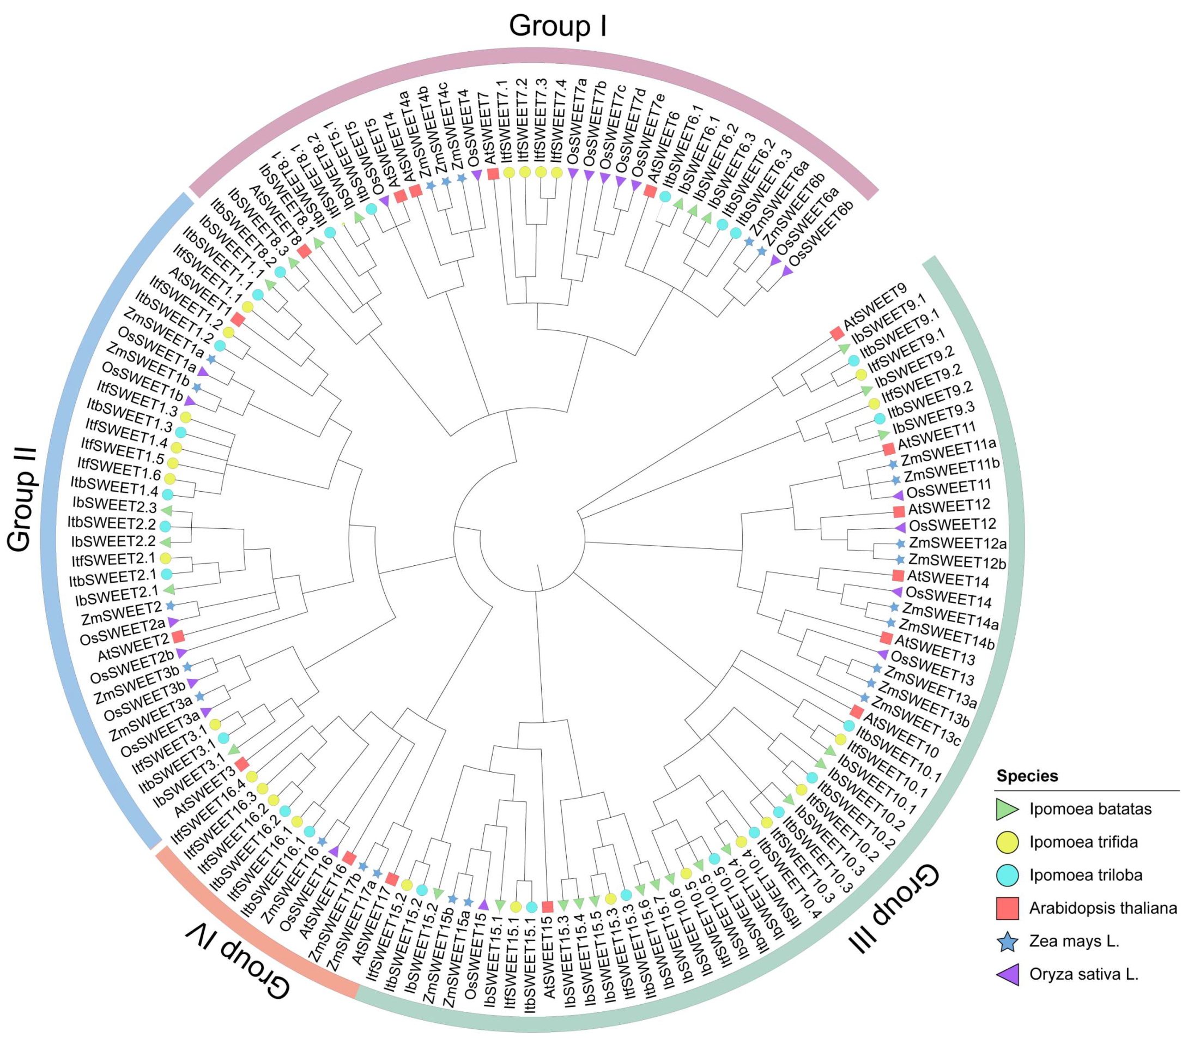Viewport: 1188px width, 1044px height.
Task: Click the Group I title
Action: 557,26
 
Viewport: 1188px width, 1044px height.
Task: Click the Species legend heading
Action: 1027,775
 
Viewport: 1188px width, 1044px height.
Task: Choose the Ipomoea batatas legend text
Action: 1090,808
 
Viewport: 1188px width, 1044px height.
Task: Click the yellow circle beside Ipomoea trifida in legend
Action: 1007,842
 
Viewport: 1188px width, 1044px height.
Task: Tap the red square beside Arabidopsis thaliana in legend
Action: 1007,908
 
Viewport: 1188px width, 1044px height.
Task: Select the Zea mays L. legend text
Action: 1074,940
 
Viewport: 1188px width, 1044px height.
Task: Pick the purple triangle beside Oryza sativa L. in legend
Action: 1008,974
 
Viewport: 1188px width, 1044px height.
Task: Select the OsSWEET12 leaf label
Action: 952,525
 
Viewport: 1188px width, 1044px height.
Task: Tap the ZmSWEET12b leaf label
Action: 957,562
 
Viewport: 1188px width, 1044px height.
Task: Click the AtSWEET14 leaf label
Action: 947,579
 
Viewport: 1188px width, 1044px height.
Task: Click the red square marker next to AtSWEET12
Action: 899,511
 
